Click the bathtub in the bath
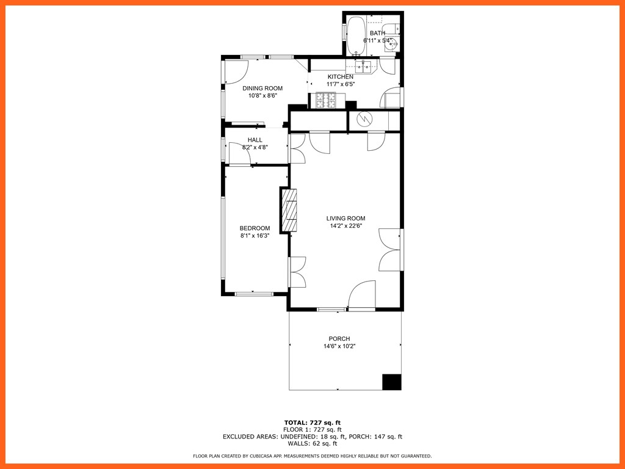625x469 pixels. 356,36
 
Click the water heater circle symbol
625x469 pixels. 364,119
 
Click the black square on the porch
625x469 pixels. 392,382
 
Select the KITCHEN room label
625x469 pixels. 340,76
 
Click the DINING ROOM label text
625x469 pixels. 262,89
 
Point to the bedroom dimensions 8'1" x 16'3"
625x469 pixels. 255,236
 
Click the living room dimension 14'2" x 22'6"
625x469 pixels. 345,226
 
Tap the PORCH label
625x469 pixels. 339,339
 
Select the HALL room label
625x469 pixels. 255,140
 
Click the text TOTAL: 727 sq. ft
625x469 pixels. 312,423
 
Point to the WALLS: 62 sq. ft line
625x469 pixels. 312,443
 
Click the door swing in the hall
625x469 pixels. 239,153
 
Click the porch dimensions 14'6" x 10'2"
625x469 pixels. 339,346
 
